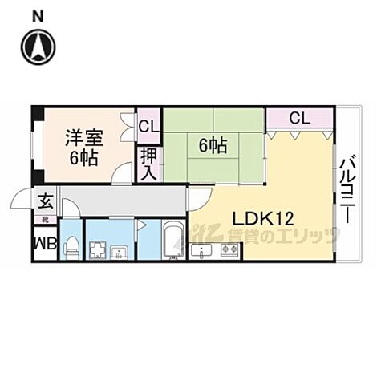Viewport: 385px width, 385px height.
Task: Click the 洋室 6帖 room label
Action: pos(83,147)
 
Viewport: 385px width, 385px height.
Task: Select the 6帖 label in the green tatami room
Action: pos(212,145)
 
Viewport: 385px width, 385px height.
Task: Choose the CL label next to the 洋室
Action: pos(148,125)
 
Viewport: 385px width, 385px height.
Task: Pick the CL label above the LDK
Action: pos(298,118)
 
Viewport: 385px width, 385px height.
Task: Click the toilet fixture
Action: pos(71,245)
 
